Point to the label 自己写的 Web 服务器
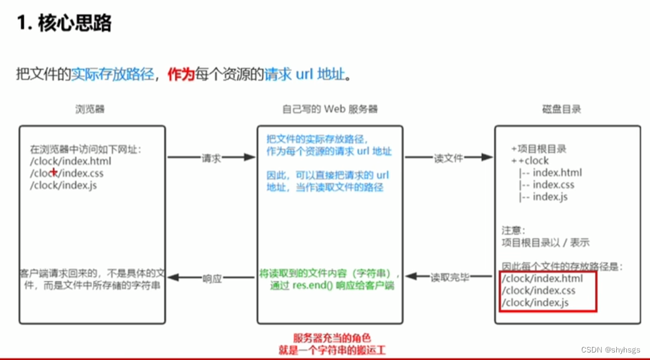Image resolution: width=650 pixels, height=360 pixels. click(330, 109)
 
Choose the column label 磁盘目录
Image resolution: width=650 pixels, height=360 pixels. click(561, 109)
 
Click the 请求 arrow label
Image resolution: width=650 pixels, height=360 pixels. click(211, 158)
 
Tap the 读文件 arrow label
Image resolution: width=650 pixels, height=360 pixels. click(448, 158)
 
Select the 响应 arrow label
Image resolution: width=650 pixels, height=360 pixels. click(212, 279)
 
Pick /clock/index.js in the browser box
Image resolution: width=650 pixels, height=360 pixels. click(63, 185)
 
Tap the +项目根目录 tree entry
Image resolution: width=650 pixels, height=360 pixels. click(538, 149)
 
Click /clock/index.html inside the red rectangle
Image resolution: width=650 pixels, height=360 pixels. click(542, 279)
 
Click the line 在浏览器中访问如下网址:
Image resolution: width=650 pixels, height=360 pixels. click(86, 149)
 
